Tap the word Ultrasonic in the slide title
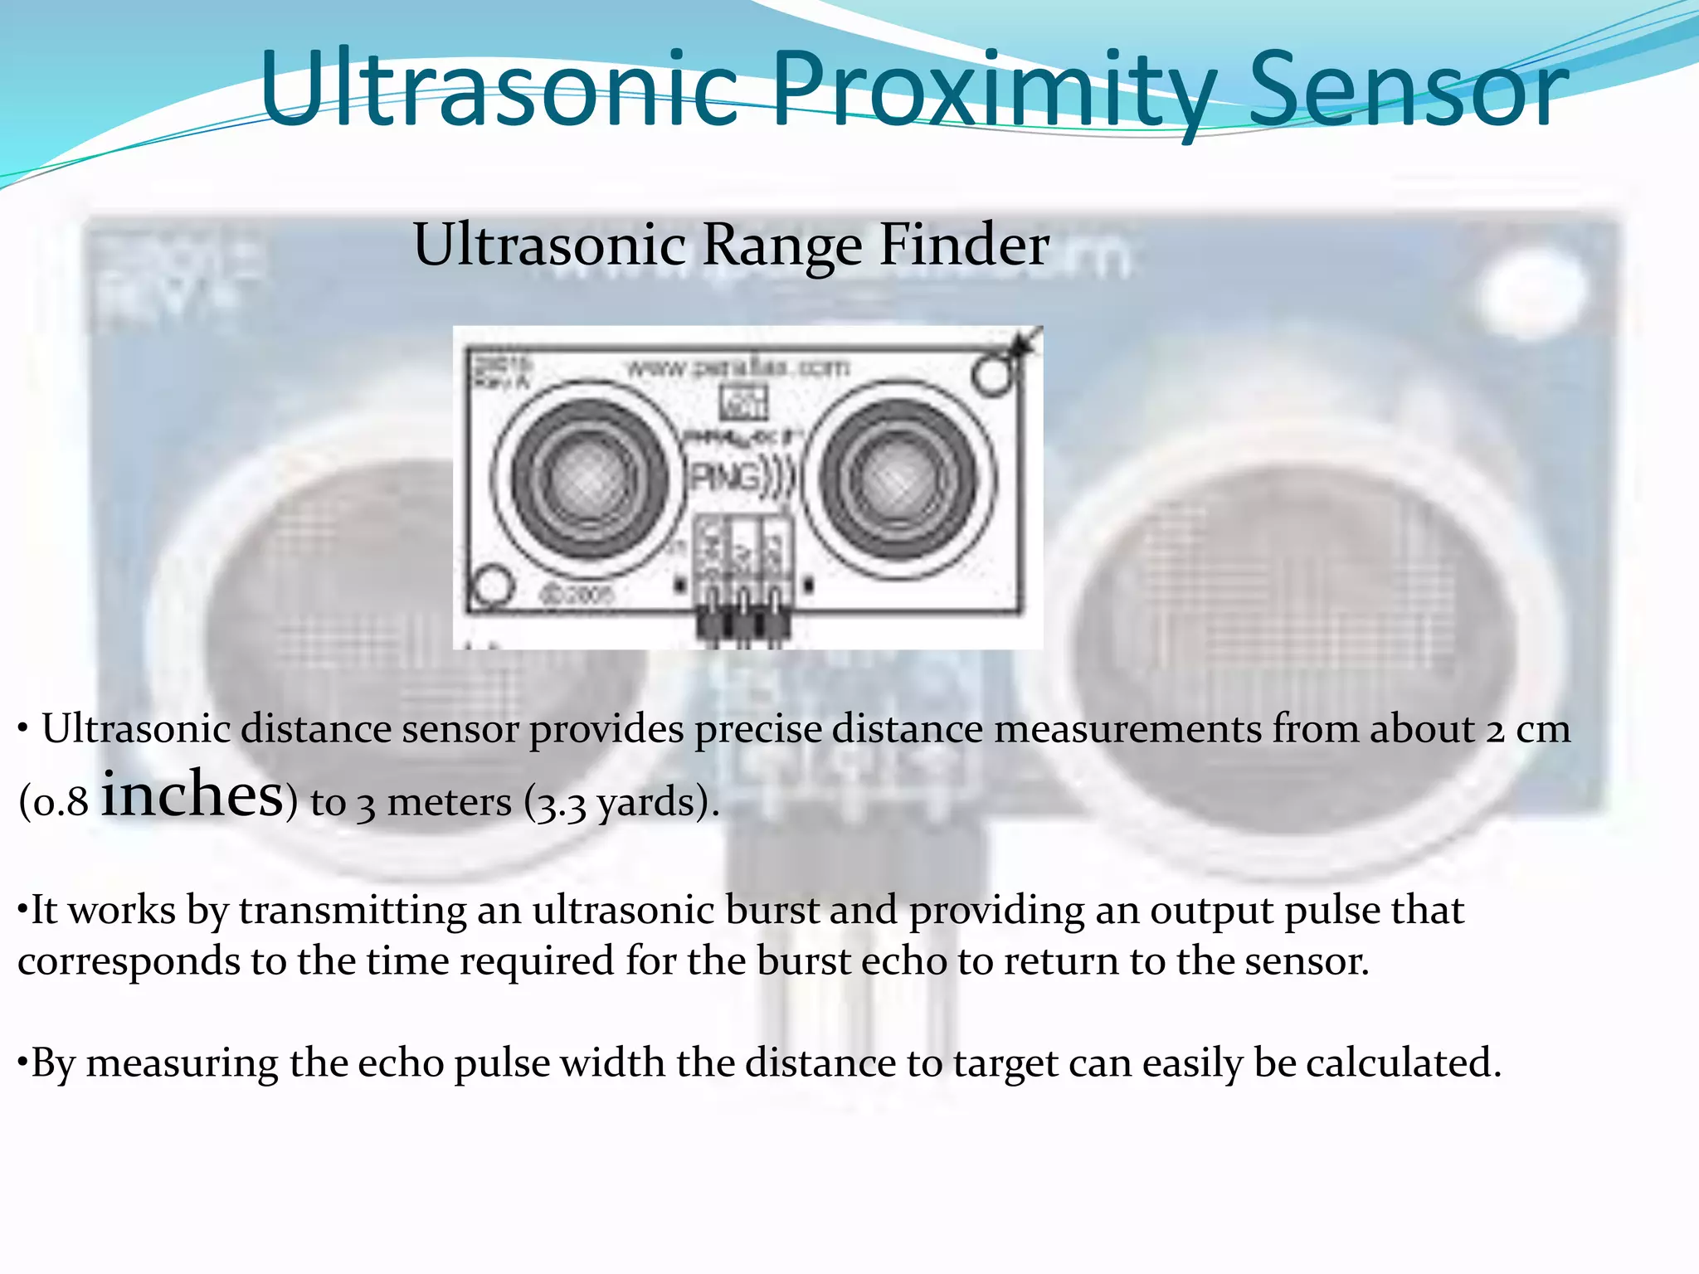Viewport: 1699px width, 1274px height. (x=498, y=89)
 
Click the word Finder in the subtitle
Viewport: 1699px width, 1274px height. (x=964, y=246)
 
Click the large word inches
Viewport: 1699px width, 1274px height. (x=192, y=795)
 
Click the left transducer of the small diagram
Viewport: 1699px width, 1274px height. (x=590, y=479)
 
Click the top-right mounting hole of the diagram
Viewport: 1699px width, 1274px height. (x=990, y=375)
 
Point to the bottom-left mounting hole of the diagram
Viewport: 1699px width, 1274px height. (x=492, y=584)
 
